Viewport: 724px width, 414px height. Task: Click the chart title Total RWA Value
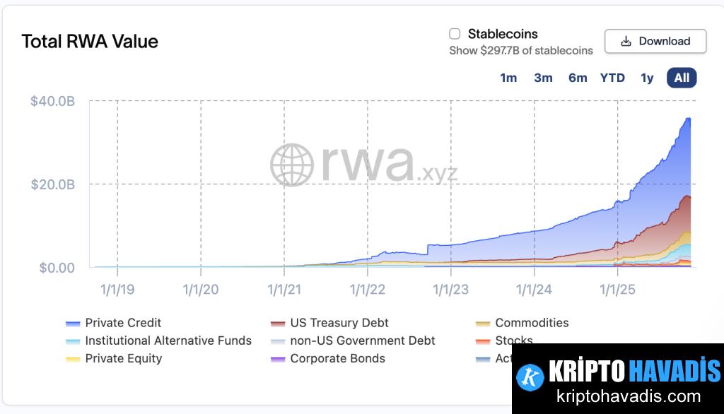click(x=90, y=42)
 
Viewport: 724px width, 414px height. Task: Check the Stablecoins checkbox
click(x=455, y=34)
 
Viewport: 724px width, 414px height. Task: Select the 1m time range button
click(x=508, y=78)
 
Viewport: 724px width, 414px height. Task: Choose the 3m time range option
click(x=543, y=78)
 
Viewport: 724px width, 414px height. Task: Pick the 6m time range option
click(x=578, y=78)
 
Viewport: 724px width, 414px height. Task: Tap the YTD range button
click(x=612, y=78)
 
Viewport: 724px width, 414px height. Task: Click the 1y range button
click(x=647, y=78)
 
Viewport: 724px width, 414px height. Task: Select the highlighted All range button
click(x=682, y=78)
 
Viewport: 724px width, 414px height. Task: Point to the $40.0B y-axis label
click(x=52, y=101)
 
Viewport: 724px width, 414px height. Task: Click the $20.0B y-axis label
click(x=52, y=184)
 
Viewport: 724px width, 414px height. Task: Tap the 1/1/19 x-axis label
click(x=117, y=289)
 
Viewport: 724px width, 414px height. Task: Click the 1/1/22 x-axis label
click(x=368, y=289)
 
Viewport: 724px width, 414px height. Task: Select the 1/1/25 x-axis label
click(x=618, y=289)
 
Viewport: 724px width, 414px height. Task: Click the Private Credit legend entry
click(x=123, y=323)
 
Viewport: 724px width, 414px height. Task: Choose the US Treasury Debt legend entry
click(x=339, y=323)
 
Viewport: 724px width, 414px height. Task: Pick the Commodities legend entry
click(x=531, y=323)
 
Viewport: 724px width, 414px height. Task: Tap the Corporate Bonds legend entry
click(x=337, y=358)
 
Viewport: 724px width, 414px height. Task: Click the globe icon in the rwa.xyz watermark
click(x=291, y=165)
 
